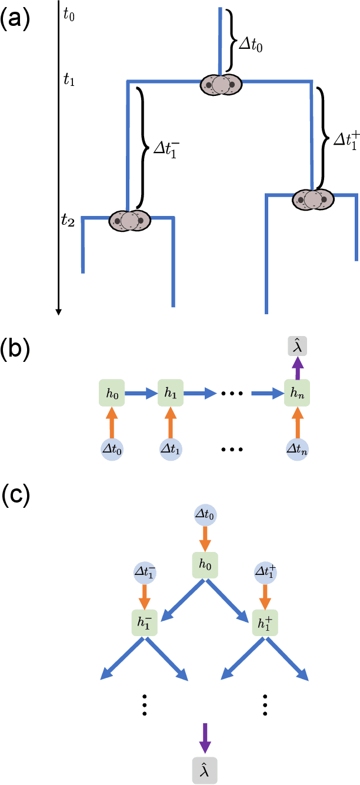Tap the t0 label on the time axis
pos(69,15)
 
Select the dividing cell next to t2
pos(129,221)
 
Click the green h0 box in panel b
pos(112,393)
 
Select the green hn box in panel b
pos(296,393)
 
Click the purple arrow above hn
pos(296,370)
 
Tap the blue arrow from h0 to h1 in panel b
pos(142,393)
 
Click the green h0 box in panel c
pos(205,566)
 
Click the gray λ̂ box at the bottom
pos(205,770)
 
